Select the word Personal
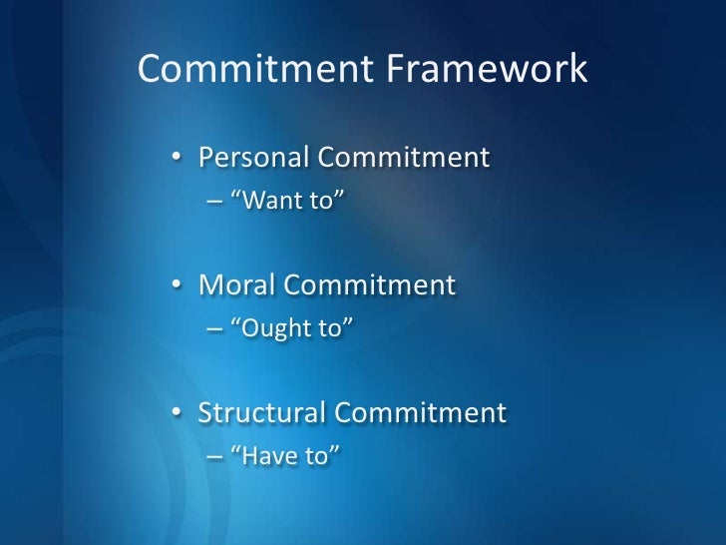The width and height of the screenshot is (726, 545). pos(254,158)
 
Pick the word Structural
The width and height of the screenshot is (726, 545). pos(262,412)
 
